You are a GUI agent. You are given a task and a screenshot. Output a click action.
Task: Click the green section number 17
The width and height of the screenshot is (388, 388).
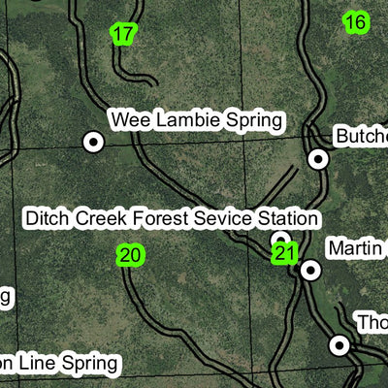(122, 34)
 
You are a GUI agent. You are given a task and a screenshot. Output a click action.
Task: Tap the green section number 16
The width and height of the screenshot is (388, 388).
(356, 21)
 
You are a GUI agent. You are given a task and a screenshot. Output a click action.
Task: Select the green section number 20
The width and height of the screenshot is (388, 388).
(130, 255)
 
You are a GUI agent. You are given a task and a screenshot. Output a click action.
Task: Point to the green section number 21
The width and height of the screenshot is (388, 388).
(284, 254)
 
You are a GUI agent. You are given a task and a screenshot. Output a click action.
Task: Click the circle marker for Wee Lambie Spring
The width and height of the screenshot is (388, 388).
(93, 142)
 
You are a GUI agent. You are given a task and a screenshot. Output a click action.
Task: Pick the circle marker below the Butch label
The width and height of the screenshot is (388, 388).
(318, 158)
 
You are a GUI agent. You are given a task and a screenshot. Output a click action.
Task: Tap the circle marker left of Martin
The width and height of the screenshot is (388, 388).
(310, 270)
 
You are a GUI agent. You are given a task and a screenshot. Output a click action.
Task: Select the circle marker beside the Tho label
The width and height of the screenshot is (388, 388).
(339, 344)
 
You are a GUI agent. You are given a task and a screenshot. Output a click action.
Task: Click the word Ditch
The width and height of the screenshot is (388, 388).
(48, 219)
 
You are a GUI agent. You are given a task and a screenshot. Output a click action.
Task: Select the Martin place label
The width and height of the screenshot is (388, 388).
(356, 249)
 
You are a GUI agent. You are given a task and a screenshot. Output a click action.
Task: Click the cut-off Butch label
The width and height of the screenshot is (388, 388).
(361, 137)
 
